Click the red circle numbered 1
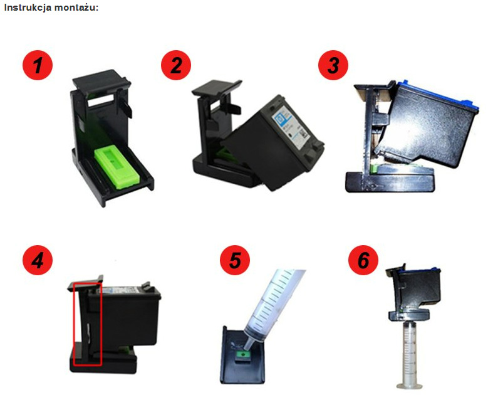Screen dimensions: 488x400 (38, 65)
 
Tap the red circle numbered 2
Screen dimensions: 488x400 (176, 65)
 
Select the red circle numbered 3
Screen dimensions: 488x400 (333, 65)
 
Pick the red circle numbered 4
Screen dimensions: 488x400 (38, 260)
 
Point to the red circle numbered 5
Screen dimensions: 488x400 (235, 260)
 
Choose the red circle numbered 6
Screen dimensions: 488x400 (363, 260)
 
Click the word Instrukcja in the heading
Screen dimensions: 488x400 (28, 8)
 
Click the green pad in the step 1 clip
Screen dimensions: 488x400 (117, 167)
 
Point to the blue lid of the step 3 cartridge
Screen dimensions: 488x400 (440, 93)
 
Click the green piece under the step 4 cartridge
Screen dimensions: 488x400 (124, 349)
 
